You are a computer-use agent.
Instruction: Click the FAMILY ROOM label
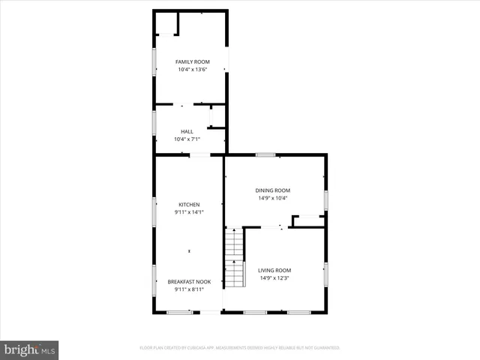point(192,61)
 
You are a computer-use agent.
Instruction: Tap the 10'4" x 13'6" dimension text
point(192,70)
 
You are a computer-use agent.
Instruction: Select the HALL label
point(187,131)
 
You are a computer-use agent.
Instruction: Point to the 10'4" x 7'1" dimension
point(187,139)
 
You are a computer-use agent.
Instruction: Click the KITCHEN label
point(189,205)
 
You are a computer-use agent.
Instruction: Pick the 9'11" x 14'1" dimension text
point(189,212)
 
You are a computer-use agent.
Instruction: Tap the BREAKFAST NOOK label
point(189,282)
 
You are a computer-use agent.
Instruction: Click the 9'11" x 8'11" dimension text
point(189,289)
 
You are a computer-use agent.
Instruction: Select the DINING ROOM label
point(274,190)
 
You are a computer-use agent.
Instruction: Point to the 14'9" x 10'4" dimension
point(274,198)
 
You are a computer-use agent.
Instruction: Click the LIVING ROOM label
point(274,270)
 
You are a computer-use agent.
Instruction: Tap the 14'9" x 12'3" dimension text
point(274,278)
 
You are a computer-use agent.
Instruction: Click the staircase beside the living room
point(235,258)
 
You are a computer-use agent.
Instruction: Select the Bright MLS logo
point(30,349)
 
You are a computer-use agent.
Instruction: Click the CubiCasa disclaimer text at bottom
point(240,348)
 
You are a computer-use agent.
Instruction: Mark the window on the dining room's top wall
point(265,154)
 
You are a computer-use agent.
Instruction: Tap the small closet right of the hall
point(217,116)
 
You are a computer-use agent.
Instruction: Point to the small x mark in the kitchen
point(189,250)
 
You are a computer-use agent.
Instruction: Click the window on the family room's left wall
point(154,61)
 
